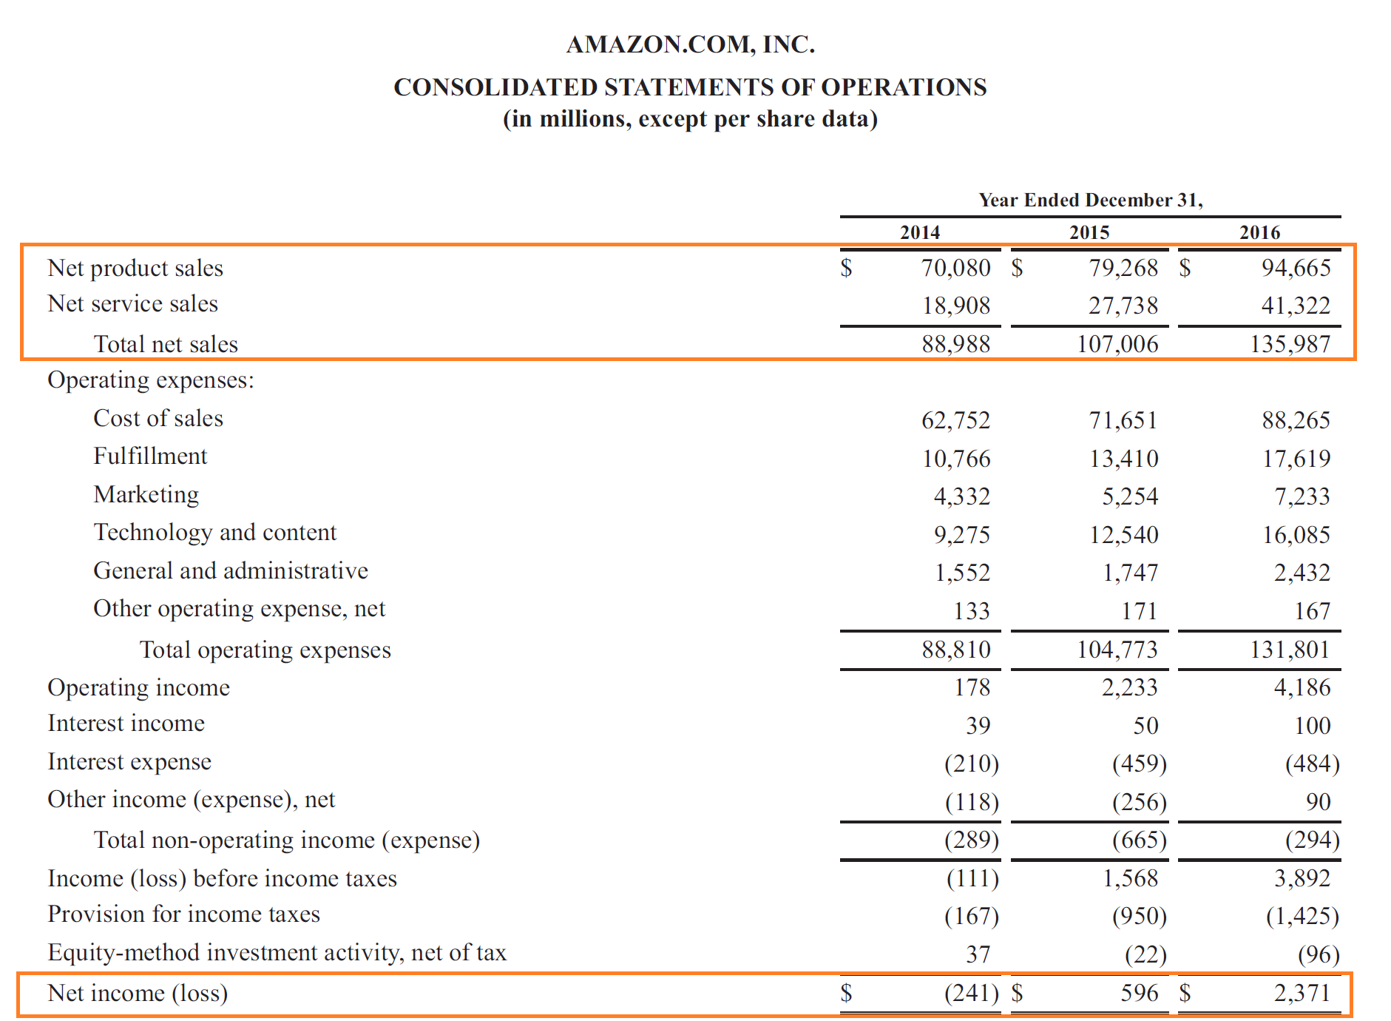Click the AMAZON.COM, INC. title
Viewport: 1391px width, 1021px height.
[x=690, y=44]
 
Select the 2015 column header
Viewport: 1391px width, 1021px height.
[x=1089, y=232]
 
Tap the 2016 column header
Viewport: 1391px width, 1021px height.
[x=1259, y=232]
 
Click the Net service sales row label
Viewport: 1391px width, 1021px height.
[x=132, y=304]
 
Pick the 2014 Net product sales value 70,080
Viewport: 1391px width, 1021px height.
[x=955, y=268]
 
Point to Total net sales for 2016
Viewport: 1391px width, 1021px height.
[x=1290, y=344]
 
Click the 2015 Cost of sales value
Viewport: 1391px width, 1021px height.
[x=1123, y=420]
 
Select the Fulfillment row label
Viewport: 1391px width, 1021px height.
[x=150, y=456]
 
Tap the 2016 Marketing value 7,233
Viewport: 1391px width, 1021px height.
[x=1302, y=496]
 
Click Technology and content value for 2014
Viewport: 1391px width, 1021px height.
[x=961, y=535]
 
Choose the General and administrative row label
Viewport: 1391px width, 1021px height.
[x=231, y=571]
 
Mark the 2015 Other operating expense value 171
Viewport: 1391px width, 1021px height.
[x=1139, y=611]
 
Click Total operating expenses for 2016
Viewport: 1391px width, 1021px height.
[x=1290, y=650]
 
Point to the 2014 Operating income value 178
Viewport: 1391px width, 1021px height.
[x=972, y=687]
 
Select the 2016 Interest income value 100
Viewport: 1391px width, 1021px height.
[x=1312, y=726]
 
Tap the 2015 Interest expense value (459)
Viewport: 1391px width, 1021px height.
[x=1139, y=764]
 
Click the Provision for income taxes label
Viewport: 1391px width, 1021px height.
[x=183, y=914]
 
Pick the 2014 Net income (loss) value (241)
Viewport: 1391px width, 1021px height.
[x=971, y=993]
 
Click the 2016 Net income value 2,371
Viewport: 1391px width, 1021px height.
[x=1302, y=993]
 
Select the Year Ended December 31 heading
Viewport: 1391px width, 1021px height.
[x=1090, y=201]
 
